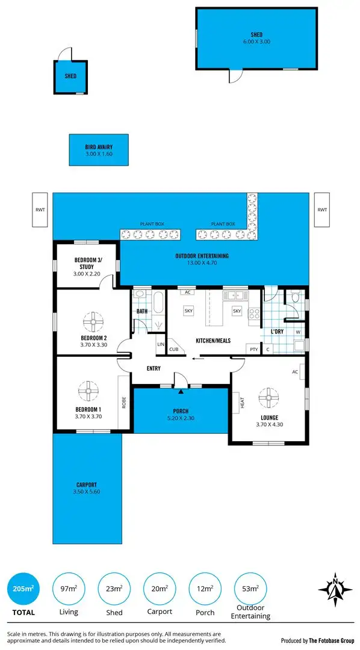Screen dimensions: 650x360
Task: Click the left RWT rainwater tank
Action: click(x=40, y=210)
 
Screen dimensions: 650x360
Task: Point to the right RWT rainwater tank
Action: click(x=322, y=210)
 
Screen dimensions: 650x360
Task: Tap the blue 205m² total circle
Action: click(x=23, y=588)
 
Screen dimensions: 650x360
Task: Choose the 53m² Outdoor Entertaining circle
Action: click(x=251, y=588)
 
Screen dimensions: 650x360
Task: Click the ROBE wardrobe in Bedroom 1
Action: click(x=124, y=401)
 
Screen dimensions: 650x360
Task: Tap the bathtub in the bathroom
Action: click(x=158, y=302)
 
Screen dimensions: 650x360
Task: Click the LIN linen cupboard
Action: click(x=161, y=344)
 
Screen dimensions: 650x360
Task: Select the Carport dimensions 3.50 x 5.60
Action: click(x=87, y=492)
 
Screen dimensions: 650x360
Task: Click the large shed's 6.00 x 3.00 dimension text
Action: click(x=256, y=42)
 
